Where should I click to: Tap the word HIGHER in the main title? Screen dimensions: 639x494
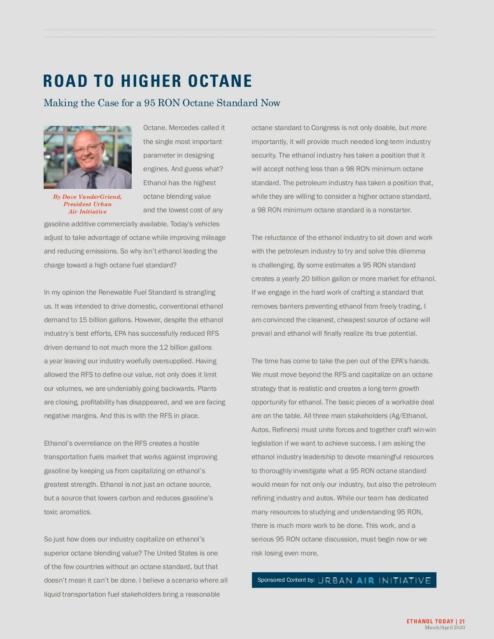[x=151, y=81]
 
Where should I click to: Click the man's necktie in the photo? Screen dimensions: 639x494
[x=91, y=179]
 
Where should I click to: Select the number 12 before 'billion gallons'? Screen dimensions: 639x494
[x=164, y=347]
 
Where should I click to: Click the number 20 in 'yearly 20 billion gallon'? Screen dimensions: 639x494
[x=305, y=279]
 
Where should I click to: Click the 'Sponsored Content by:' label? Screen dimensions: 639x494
[x=286, y=580]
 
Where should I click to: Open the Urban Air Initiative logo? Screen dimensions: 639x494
[x=374, y=580]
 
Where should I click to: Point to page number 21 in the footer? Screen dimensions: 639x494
[x=462, y=621]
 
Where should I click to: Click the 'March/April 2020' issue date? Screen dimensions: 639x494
[x=445, y=627]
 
